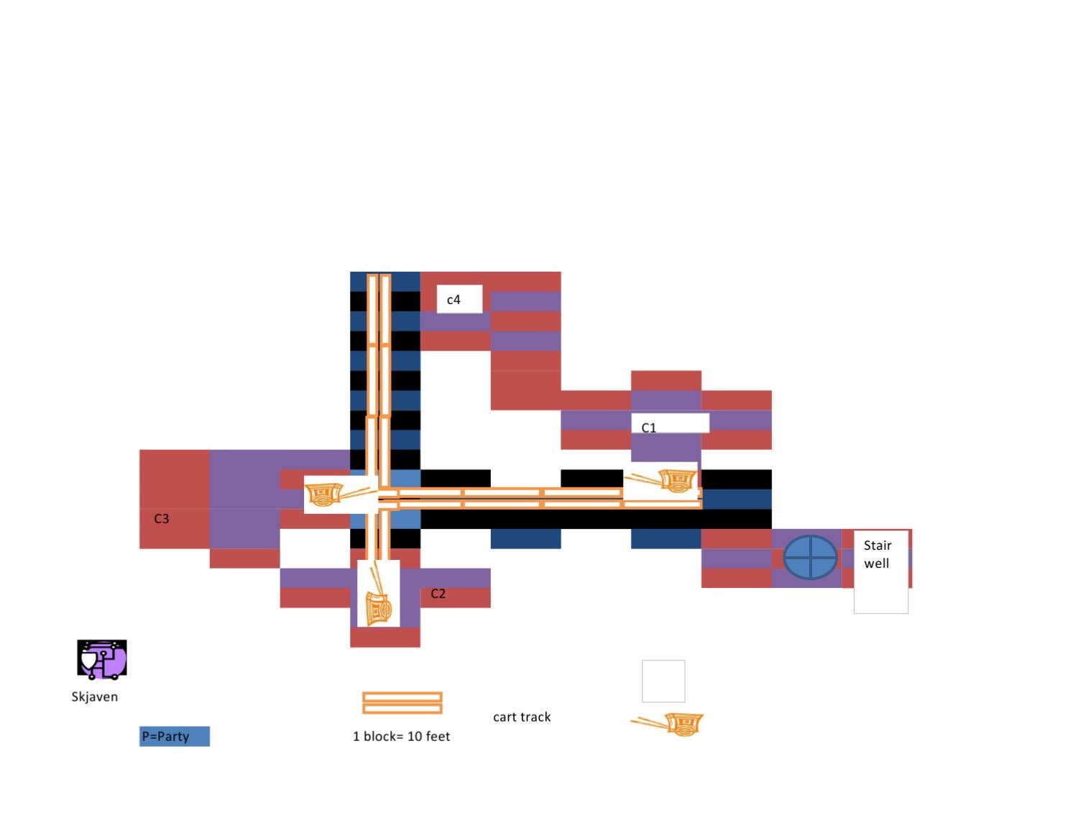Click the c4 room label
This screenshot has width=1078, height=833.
click(x=453, y=300)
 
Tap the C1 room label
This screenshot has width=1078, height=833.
click(x=648, y=428)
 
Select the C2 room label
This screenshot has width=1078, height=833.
click(x=438, y=594)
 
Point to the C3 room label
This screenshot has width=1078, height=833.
click(x=162, y=518)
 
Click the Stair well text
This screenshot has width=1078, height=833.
click(x=877, y=554)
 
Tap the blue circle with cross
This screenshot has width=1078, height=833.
click(x=810, y=557)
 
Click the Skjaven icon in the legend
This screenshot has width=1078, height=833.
click(x=102, y=659)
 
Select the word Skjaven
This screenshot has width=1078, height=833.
click(x=95, y=696)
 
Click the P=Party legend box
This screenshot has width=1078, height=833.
click(x=175, y=736)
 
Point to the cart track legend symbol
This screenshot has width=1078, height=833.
click(x=402, y=703)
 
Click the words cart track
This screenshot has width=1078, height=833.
click(x=522, y=717)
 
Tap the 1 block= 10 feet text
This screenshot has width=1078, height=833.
click(x=401, y=736)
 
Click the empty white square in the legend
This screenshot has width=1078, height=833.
click(x=663, y=681)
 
